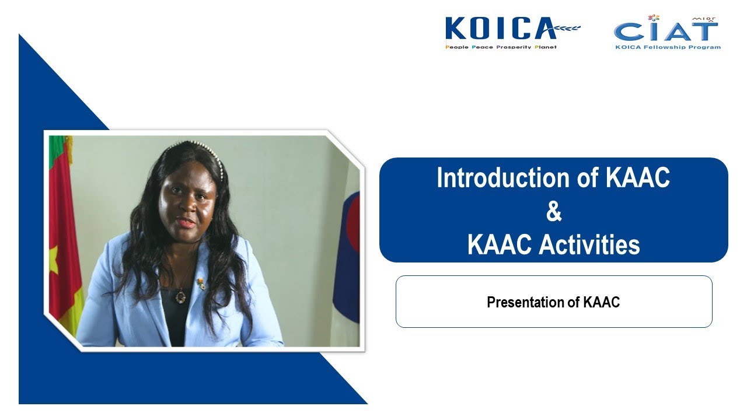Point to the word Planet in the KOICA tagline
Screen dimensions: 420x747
tap(543, 47)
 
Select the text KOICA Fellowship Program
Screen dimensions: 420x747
tap(668, 47)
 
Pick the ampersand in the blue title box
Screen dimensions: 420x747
tap(553, 212)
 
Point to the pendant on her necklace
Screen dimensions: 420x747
tap(181, 297)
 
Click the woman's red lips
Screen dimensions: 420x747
tap(186, 223)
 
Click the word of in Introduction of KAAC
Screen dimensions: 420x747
tap(589, 178)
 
